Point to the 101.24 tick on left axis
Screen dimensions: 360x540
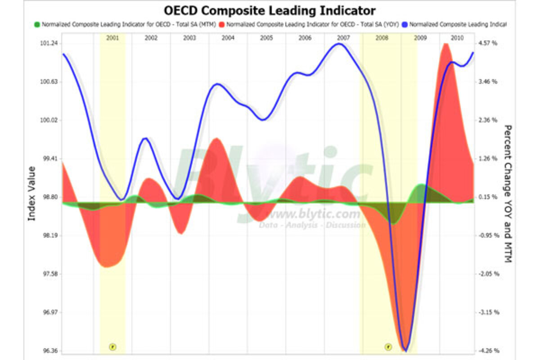pos(49,43)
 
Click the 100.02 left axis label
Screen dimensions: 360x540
pos(49,120)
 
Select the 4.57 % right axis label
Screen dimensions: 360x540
pos(488,43)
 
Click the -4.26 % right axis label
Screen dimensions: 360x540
pos(488,351)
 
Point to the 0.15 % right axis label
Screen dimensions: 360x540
pos(488,197)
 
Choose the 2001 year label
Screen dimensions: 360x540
pos(112,38)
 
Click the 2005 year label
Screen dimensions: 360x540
pos(266,38)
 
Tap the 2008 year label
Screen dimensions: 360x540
pos(382,38)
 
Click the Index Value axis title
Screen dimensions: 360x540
pos(31,193)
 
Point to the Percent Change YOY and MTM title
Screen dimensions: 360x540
pos(508,193)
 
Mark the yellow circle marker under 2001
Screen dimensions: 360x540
pos(112,346)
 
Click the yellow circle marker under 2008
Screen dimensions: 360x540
pos(388,346)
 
